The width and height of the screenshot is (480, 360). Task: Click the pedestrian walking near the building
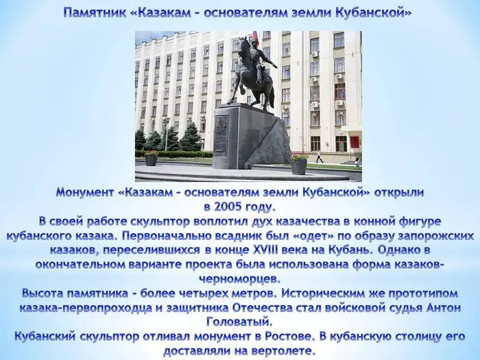click(320, 156)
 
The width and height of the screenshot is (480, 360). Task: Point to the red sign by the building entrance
click(355, 142)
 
